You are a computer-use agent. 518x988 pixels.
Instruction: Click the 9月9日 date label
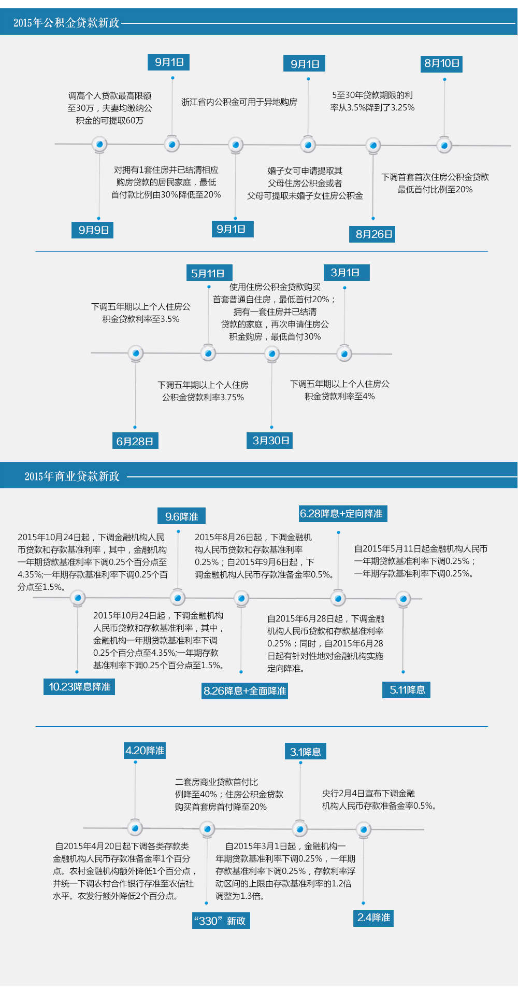click(x=93, y=230)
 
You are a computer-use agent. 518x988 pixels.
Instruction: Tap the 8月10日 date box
click(x=442, y=63)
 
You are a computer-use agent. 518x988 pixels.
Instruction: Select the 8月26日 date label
click(x=374, y=234)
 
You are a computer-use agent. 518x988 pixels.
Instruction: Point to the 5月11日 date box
click(x=208, y=273)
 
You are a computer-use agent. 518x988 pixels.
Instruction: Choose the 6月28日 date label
click(x=135, y=441)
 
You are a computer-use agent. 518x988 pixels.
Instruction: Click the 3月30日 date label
click(x=270, y=440)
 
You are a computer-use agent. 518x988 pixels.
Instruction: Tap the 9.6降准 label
click(x=182, y=516)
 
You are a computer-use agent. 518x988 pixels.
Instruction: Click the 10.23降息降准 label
click(x=79, y=686)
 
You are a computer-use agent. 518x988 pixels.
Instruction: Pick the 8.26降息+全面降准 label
click(x=245, y=691)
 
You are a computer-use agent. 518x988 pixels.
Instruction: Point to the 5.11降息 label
click(x=407, y=689)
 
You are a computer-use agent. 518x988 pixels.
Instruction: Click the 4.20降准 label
click(x=145, y=751)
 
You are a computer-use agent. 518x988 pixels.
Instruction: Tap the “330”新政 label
click(x=221, y=921)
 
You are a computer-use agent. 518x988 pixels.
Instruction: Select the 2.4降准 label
click(x=373, y=918)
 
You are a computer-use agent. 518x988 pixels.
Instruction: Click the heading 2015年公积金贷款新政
click(x=66, y=22)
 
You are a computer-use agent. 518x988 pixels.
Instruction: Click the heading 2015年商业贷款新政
click(x=72, y=476)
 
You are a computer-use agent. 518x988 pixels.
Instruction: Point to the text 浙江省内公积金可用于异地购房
click(x=239, y=102)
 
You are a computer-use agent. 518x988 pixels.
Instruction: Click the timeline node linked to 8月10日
click(x=444, y=145)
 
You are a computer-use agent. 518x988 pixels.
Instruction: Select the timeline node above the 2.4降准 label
click(x=364, y=829)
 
